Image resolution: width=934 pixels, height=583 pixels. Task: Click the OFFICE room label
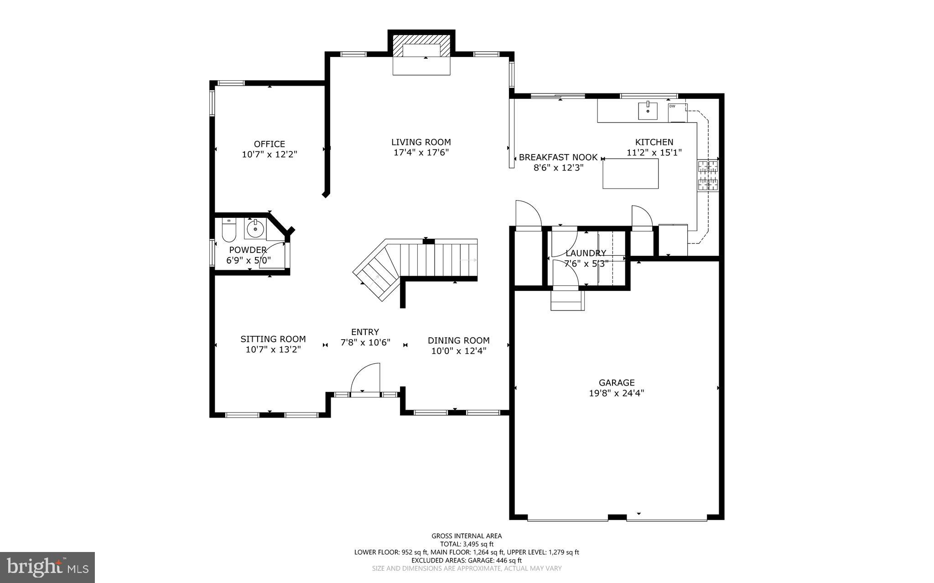[x=269, y=144]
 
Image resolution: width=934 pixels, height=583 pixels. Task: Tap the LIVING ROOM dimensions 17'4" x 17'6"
[x=421, y=153]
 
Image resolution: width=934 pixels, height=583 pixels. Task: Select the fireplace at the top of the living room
[x=421, y=51]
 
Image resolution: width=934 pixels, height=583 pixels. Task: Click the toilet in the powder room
[x=228, y=231]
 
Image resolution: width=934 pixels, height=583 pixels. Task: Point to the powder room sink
[x=255, y=228]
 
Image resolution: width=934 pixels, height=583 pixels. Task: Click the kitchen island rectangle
[x=630, y=174]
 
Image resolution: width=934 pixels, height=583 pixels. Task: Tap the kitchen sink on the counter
[x=648, y=111]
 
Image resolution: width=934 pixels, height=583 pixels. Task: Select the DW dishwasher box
[x=677, y=113]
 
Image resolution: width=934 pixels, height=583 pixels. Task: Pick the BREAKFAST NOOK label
[x=558, y=157]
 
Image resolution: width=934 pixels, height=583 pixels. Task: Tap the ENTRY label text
[x=365, y=332]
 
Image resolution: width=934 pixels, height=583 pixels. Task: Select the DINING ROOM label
[x=458, y=341]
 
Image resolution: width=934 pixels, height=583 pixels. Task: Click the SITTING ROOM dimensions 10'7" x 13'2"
[x=273, y=350]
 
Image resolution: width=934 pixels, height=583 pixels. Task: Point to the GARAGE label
[x=617, y=382]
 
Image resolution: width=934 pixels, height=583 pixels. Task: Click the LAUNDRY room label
[x=586, y=253]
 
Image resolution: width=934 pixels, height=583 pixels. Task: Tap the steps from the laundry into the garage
[x=567, y=300]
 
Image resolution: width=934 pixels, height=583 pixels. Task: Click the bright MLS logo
[x=47, y=567]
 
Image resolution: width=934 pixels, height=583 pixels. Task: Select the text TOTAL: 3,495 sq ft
[x=467, y=544]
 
